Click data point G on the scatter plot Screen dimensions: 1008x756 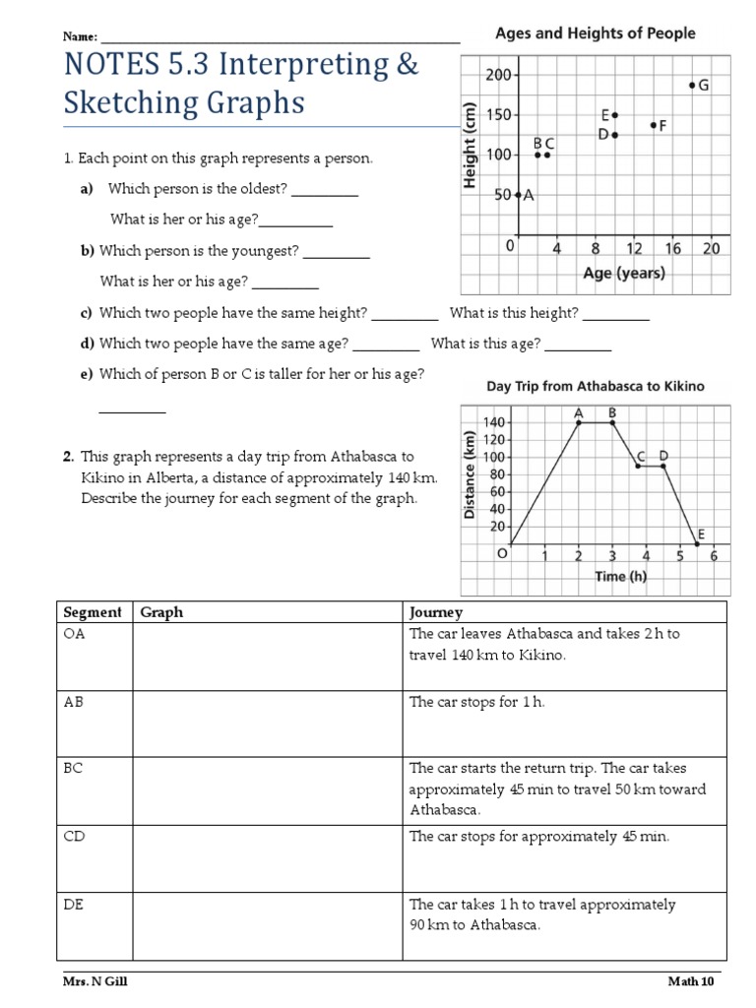692,86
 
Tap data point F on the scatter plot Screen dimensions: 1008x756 654,125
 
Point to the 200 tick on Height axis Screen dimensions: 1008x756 497,75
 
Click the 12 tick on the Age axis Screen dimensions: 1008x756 634,249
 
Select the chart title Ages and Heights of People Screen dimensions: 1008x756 595,33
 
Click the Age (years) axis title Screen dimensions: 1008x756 624,274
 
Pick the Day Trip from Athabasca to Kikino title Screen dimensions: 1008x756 596,387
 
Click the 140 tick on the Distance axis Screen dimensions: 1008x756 492,422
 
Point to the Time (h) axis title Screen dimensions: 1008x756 621,577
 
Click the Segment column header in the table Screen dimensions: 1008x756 93,612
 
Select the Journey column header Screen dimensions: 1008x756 436,612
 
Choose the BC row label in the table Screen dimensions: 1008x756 74,768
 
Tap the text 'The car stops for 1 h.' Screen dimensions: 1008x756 476,702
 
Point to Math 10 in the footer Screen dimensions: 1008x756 691,981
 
